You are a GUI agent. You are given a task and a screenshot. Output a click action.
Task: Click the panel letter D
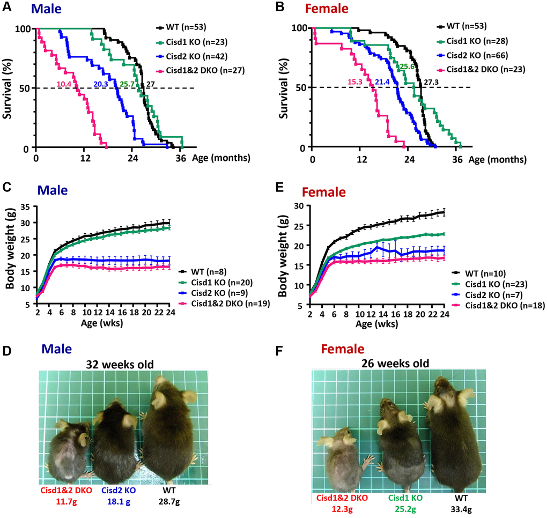tap(7, 350)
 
